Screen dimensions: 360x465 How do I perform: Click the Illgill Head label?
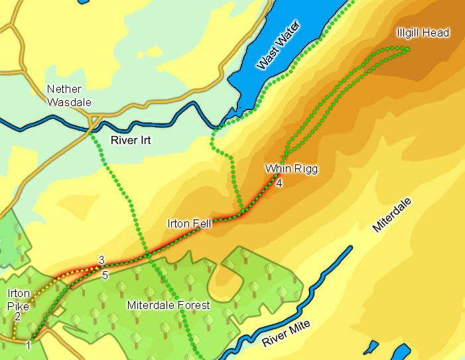(423, 32)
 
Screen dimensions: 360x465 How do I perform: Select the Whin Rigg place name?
(291, 169)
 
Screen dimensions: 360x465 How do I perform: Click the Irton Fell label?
(189, 223)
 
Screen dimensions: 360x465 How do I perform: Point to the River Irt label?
(127, 141)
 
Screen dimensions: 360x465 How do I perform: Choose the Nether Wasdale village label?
(69, 95)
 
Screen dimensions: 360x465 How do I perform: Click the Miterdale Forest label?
(168, 306)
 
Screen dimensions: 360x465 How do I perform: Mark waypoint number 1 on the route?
(29, 345)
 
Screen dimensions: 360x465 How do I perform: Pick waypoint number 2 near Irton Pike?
(17, 317)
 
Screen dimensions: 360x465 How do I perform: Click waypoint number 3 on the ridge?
(101, 259)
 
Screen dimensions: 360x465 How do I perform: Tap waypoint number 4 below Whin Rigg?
(279, 183)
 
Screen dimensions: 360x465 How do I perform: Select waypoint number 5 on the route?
(105, 274)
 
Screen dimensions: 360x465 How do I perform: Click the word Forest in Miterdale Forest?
(194, 306)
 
